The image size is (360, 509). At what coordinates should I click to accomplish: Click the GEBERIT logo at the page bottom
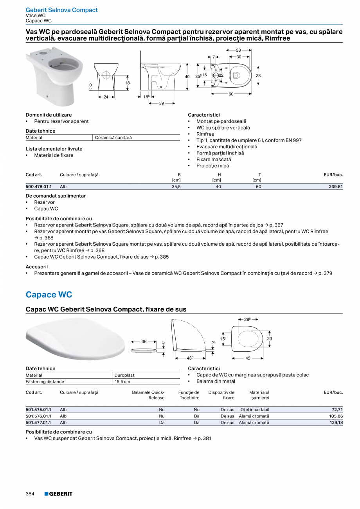pos(58,494)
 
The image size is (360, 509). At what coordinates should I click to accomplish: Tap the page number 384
pos(30,494)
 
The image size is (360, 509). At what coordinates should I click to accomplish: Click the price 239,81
pos(335,187)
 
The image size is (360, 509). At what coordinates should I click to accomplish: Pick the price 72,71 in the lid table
pos(337,410)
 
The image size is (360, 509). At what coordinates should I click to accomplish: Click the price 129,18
pos(336,423)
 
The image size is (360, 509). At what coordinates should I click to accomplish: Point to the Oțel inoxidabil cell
pos(255,410)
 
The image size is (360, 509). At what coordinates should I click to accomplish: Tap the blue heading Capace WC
pos(49,295)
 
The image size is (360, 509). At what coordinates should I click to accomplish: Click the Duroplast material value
pos(124,375)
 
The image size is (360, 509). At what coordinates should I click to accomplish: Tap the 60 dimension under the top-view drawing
pos(231,94)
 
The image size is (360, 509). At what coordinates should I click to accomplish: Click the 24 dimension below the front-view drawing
pos(106,97)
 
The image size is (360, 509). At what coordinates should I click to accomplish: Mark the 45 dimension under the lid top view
pos(248,358)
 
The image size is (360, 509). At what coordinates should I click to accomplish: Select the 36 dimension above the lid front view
pos(144,342)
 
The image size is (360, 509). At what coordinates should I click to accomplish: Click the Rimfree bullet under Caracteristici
pos(205,134)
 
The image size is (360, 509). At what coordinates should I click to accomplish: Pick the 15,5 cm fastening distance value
pos(122,381)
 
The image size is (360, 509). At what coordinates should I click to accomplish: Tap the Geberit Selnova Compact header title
pos(62,10)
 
